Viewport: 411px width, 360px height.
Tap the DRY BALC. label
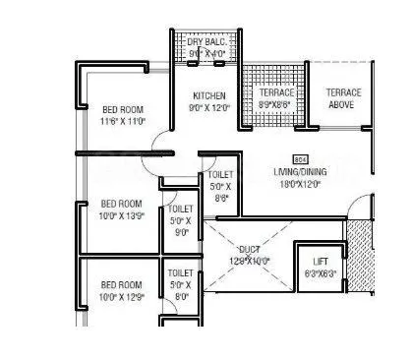click(207, 42)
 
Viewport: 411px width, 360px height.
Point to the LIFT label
click(320, 261)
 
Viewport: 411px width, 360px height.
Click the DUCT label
click(249, 250)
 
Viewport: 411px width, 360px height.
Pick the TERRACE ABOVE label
click(344, 98)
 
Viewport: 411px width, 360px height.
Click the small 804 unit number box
click(300, 157)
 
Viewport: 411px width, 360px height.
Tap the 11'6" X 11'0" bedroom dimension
click(123, 120)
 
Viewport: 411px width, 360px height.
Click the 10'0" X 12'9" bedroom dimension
click(123, 296)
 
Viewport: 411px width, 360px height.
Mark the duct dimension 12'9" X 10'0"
click(249, 261)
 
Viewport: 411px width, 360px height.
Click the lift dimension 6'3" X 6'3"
click(320, 272)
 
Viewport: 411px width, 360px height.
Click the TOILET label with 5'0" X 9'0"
click(180, 210)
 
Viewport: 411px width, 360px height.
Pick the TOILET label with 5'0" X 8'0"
click(180, 272)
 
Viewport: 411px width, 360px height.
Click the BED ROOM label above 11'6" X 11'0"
click(123, 108)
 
